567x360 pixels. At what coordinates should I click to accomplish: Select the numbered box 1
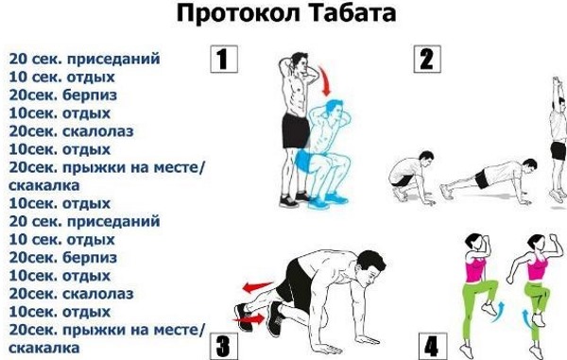click(222, 60)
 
